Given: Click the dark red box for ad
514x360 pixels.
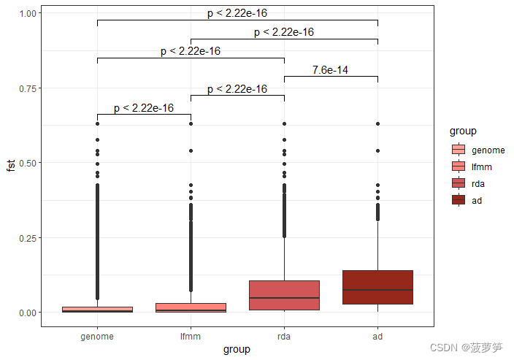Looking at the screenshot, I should [377, 287].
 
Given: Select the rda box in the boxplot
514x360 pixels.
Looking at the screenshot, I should [284, 295].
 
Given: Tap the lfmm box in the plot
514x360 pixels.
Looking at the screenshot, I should [191, 307].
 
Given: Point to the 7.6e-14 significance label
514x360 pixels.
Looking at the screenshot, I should [330, 70].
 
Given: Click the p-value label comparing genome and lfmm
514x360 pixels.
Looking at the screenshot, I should [144, 108].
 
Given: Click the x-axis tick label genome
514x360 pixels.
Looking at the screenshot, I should [97, 337].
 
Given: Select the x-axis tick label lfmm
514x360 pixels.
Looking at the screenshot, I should [191, 337].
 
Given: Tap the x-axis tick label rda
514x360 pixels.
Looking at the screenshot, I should [284, 337].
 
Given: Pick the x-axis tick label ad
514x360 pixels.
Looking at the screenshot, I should [377, 337].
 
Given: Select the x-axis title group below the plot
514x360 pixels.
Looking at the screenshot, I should [237, 350].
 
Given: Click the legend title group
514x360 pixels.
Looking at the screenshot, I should [463, 131].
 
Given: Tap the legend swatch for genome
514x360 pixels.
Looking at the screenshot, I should [459, 150].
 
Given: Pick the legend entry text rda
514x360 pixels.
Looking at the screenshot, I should [480, 183].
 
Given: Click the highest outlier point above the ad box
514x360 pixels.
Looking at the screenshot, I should [377, 124].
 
